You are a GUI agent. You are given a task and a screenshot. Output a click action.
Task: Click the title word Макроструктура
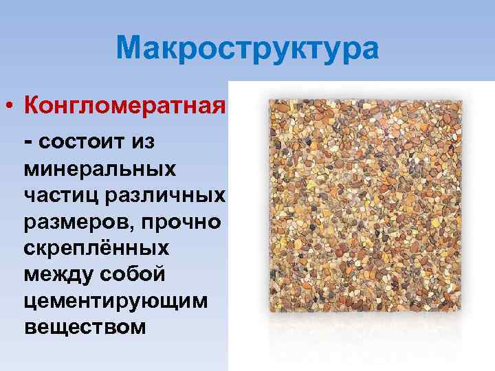click(247, 49)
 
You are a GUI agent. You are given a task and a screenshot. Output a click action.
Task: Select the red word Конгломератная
click(124, 106)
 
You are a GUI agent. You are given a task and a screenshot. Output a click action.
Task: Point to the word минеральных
click(100, 168)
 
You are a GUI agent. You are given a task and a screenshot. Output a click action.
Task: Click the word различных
click(164, 195)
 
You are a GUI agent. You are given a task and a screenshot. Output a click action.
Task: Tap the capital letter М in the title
click(130, 49)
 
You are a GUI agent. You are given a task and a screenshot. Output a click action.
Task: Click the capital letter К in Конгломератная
click(32, 106)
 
